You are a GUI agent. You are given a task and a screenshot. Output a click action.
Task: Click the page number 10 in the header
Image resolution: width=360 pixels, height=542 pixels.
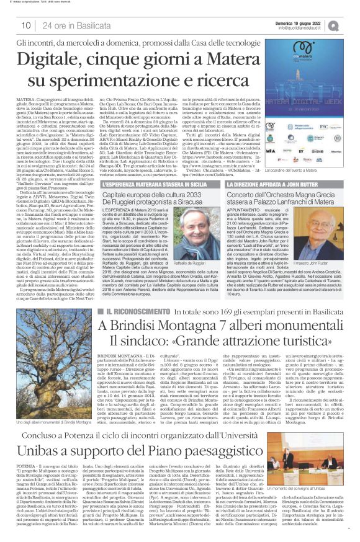tap(25, 25)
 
